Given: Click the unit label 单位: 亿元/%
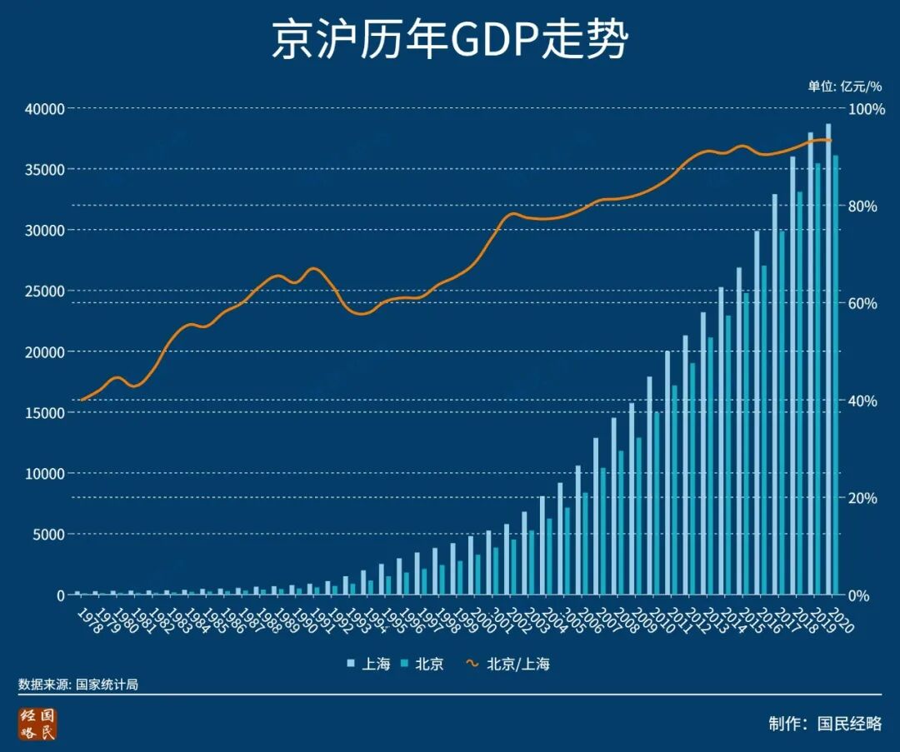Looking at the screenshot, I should pos(843,86).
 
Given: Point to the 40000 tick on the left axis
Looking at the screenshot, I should pos(44,108).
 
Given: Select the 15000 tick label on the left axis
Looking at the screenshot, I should pos(44,412).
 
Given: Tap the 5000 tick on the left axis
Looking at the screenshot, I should pos(47,534).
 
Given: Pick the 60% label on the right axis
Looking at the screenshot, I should pos(862,303).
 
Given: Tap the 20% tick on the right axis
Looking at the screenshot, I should pos(862,498).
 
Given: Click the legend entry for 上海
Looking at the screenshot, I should pos(368,664).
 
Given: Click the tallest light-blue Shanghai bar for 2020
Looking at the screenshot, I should pos(827,358).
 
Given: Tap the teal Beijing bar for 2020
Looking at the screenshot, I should pos(836,375).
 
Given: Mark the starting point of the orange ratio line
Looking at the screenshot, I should pos(81,400).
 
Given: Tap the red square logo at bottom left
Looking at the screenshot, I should pos(38,724).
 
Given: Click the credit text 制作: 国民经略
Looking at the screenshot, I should pos(824,723).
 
